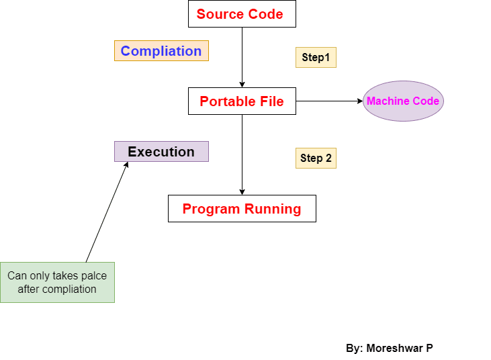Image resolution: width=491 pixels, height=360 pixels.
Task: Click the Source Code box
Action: [242, 14]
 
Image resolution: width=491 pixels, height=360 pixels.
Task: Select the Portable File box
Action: [242, 101]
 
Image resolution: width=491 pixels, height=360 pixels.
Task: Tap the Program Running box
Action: [242, 208]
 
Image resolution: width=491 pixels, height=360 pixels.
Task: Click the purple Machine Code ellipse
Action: [403, 101]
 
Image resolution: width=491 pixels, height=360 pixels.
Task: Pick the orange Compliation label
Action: [161, 51]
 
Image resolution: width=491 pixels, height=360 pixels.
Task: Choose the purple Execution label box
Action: [161, 152]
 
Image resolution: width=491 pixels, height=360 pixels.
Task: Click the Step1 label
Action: [316, 57]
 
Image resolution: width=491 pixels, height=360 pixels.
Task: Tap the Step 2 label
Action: [316, 158]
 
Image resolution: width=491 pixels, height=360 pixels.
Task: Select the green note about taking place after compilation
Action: [57, 282]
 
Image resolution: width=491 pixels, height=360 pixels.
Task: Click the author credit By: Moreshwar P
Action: [390, 348]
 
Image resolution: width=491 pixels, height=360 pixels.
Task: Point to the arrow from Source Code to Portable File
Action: [242, 57]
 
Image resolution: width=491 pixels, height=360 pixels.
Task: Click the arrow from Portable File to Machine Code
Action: [329, 101]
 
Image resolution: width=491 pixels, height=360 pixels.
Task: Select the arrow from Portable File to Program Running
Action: [242, 154]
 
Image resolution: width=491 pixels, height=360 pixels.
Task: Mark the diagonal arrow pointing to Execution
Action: [107, 212]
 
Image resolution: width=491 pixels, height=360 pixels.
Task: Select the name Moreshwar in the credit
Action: [395, 348]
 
